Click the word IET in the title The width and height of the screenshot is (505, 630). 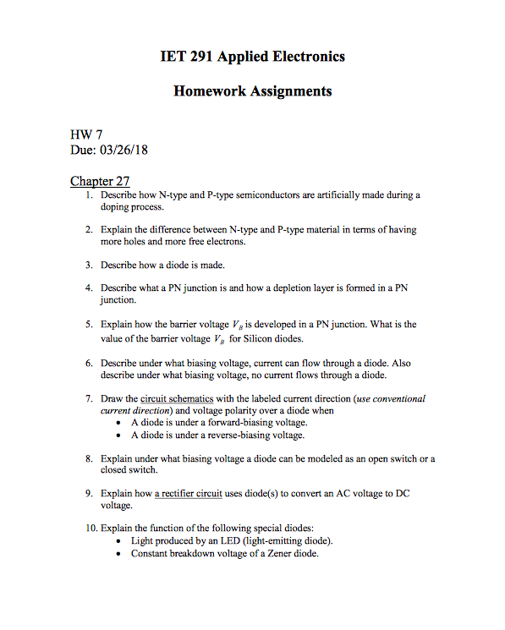(x=173, y=57)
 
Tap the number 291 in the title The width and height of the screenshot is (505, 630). (x=201, y=57)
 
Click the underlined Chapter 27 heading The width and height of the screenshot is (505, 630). (x=100, y=181)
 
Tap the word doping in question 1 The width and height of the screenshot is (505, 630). (x=116, y=206)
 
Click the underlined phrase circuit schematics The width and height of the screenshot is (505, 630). (x=177, y=398)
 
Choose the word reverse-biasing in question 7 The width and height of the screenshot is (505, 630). (x=238, y=435)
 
